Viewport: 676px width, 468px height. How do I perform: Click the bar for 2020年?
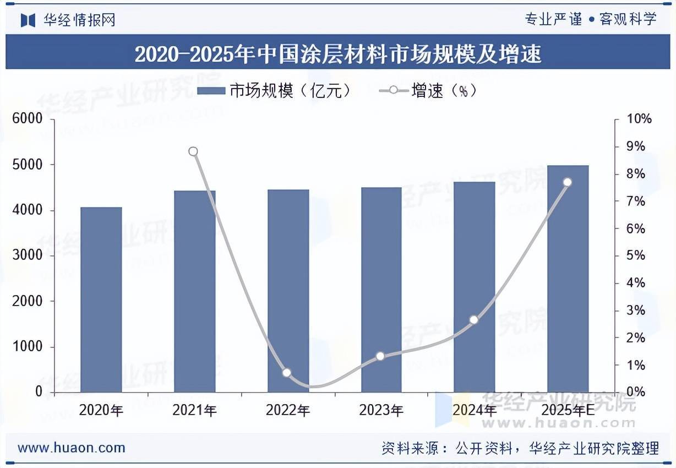(x=101, y=300)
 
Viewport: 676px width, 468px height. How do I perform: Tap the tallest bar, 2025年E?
(x=568, y=279)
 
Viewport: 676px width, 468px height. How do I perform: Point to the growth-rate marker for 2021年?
(x=193, y=151)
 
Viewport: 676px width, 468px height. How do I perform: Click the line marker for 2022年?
(x=287, y=373)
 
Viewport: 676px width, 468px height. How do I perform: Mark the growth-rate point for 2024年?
(x=474, y=320)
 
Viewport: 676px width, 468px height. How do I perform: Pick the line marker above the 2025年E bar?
(x=568, y=182)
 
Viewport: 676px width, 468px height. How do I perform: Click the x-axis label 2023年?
(x=381, y=410)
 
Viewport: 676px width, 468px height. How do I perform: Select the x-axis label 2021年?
(x=194, y=410)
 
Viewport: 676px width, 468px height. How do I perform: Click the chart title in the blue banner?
(x=338, y=54)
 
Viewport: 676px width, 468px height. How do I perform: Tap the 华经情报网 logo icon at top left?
(x=28, y=20)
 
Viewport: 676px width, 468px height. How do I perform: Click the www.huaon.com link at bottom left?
(x=72, y=448)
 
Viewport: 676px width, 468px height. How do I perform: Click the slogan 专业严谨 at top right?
(x=553, y=19)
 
